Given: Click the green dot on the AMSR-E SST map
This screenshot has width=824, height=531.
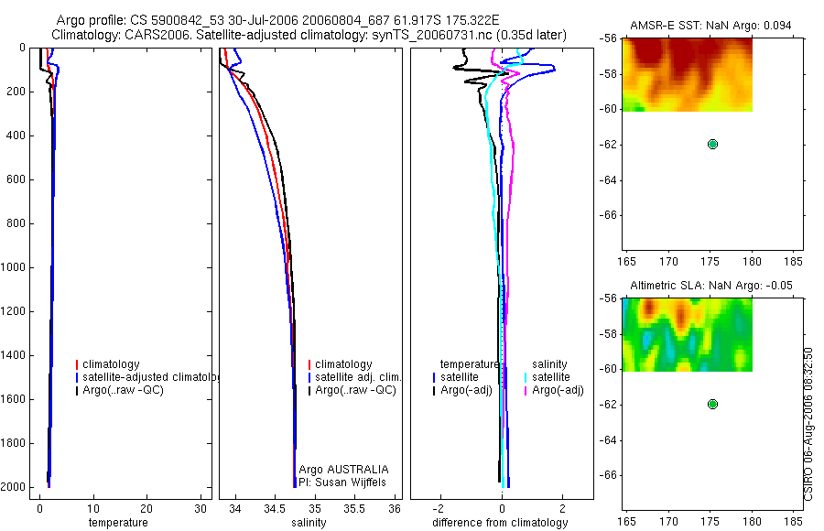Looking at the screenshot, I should tap(712, 144).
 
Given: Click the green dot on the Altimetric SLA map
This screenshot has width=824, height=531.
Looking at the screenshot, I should tap(712, 404).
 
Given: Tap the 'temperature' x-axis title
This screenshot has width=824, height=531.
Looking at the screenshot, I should tap(117, 523).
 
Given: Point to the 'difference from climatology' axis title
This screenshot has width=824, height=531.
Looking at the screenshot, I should tap(500, 523).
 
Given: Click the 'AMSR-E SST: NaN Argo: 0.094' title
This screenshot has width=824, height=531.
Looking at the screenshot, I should tap(710, 26).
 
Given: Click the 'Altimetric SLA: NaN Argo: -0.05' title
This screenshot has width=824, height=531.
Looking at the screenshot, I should tap(710, 286).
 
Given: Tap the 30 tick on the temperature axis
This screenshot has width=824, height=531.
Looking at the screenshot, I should tap(201, 508).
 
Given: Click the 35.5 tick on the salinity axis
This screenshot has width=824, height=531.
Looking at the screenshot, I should tap(354, 508).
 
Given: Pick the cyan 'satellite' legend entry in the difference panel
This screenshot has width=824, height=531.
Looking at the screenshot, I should tap(550, 377).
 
